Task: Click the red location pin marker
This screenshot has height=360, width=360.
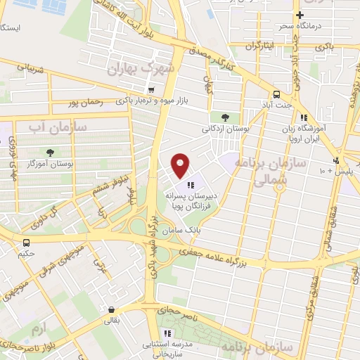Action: click(181, 165)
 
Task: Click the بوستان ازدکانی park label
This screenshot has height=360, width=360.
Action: click(224, 129)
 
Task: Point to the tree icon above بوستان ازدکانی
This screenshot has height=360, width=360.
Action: click(225, 117)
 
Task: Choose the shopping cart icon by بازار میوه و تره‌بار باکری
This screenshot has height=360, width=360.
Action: click(151, 90)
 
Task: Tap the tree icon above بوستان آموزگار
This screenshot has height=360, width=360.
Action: click(51, 152)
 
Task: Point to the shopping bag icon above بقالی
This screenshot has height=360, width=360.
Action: click(110, 309)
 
